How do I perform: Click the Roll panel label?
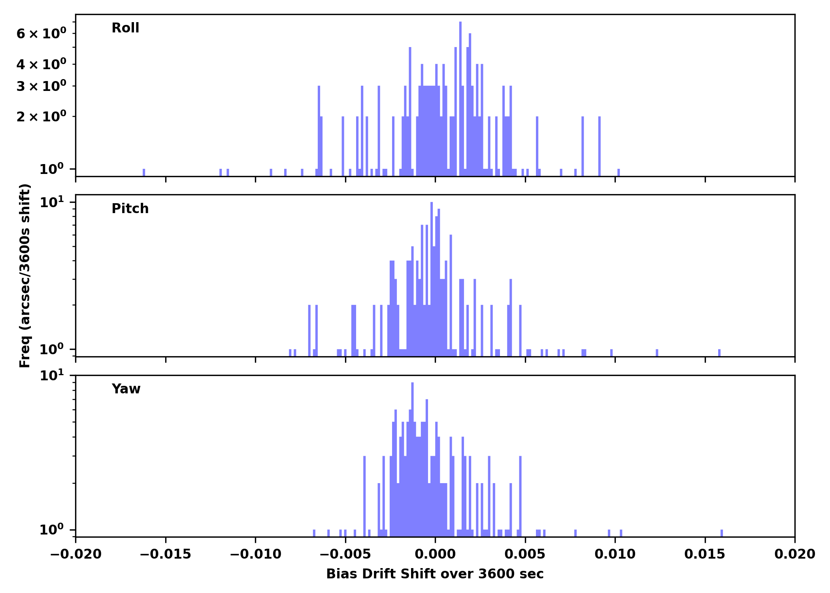click(x=125, y=28)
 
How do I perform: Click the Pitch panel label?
click(x=130, y=208)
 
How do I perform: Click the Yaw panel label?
click(x=126, y=389)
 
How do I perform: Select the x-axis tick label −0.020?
click(x=75, y=554)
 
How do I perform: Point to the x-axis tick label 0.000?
click(x=435, y=554)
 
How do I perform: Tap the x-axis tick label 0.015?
click(x=705, y=554)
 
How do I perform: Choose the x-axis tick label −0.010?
click(x=255, y=554)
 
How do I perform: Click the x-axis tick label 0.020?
click(x=794, y=554)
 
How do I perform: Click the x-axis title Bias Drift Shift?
click(x=435, y=574)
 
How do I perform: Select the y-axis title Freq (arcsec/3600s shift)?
click(x=25, y=276)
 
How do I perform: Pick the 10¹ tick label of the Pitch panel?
click(x=52, y=203)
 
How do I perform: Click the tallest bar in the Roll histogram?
click(x=460, y=99)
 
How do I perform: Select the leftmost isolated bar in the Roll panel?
click(x=144, y=172)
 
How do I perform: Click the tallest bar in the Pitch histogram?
click(x=432, y=277)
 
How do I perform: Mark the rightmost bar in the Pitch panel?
click(x=719, y=353)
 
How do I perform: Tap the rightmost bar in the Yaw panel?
click(x=722, y=533)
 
